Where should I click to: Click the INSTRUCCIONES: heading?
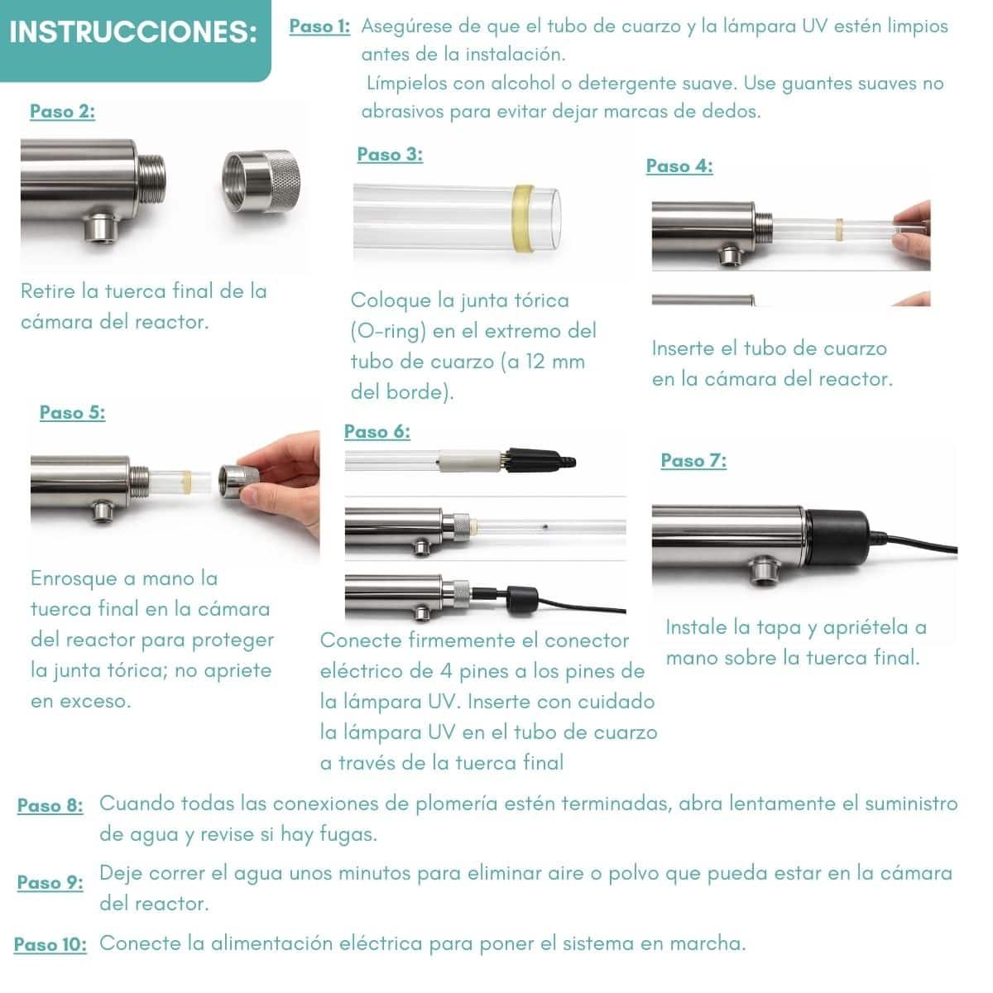(x=133, y=31)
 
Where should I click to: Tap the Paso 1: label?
(x=319, y=26)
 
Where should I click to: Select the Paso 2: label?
(x=62, y=111)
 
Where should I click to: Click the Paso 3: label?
(x=390, y=154)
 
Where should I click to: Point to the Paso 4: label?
(x=679, y=165)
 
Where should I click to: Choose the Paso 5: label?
(x=72, y=412)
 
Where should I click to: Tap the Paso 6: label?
(x=377, y=431)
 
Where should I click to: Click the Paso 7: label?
(x=693, y=459)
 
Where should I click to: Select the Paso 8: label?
(x=50, y=805)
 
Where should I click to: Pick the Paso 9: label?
(x=50, y=881)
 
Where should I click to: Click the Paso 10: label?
(x=50, y=943)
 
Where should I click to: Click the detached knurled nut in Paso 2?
(x=261, y=181)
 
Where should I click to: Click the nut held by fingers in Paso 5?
(x=237, y=481)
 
